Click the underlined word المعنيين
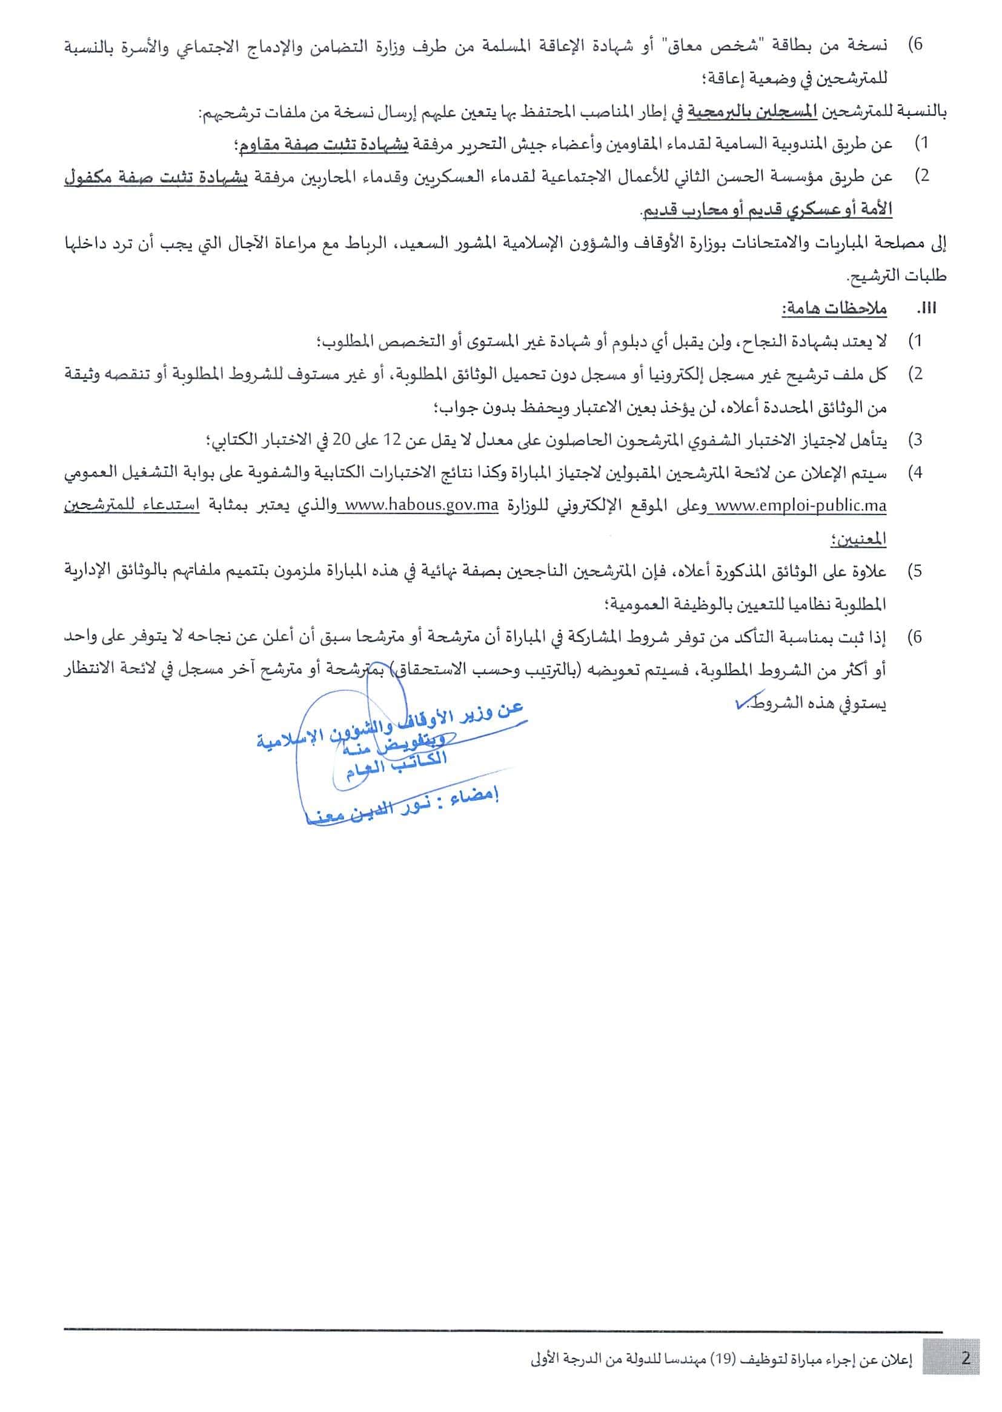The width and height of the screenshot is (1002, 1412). tap(858, 539)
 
